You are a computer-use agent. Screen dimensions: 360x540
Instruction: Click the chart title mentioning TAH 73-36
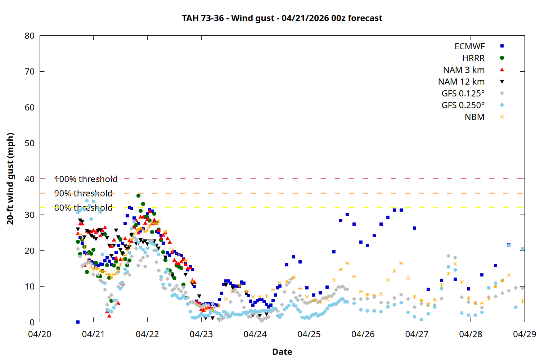pos(282,18)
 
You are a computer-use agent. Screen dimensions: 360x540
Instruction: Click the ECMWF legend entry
pos(469,46)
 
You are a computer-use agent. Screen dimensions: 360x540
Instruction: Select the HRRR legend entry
pos(473,58)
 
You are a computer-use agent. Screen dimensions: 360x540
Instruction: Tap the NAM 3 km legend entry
pos(464,70)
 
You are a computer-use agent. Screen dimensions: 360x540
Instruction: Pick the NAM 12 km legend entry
pos(461,82)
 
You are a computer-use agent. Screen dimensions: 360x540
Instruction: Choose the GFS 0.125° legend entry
pos(463,94)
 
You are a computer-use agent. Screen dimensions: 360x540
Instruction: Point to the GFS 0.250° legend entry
pos(463,105)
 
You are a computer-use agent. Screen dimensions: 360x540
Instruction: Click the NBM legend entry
pos(474,117)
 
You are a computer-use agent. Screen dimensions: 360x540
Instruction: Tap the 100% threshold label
pos(86,179)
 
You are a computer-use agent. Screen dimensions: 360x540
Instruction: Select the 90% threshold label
pos(83,193)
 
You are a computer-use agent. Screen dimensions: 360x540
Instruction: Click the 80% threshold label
pos(83,208)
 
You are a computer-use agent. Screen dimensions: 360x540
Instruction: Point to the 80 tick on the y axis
pos(30,36)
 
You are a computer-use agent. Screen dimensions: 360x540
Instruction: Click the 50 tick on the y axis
pos(30,143)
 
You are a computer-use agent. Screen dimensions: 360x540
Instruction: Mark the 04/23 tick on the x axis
pos(201,334)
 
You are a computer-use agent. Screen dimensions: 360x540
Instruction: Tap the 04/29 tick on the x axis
pos(524,334)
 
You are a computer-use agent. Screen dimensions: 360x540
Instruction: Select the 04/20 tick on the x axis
pos(40,334)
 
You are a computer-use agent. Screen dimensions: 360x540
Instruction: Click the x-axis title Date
pos(282,352)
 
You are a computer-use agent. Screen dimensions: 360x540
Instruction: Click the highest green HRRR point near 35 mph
pos(139,195)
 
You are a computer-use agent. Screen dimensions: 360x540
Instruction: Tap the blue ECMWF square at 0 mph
pos(78,322)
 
